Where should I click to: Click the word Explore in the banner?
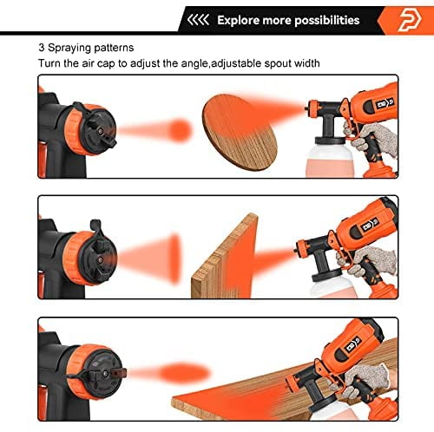(x=239, y=21)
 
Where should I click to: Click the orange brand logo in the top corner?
(x=411, y=20)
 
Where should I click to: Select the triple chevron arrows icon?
(x=198, y=20)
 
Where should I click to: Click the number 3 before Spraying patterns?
(x=42, y=48)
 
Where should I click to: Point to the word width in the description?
(x=306, y=63)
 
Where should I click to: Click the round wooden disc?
(x=240, y=133)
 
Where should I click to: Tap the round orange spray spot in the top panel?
(x=180, y=130)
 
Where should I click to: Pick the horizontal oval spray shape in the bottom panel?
(x=184, y=372)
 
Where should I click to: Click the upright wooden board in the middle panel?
(x=225, y=258)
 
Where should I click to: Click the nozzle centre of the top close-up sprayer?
(x=101, y=131)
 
